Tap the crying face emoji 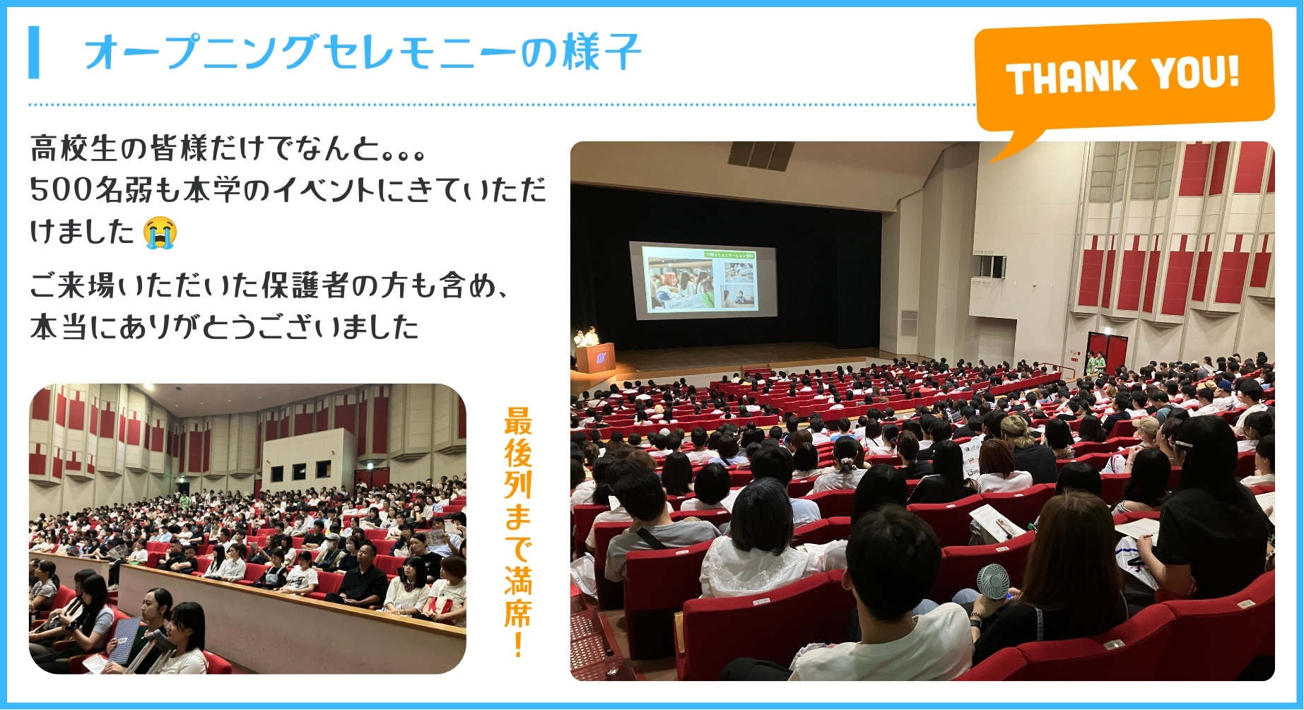pyautogui.click(x=160, y=232)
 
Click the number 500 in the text pyautogui.click(x=61, y=189)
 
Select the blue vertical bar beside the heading pyautogui.click(x=34, y=52)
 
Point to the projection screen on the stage pyautogui.click(x=703, y=280)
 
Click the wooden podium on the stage pyautogui.click(x=595, y=357)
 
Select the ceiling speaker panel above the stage pyautogui.click(x=760, y=155)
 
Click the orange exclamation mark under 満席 pyautogui.click(x=518, y=644)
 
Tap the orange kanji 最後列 pyautogui.click(x=518, y=452)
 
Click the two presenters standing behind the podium pyautogui.click(x=587, y=336)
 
